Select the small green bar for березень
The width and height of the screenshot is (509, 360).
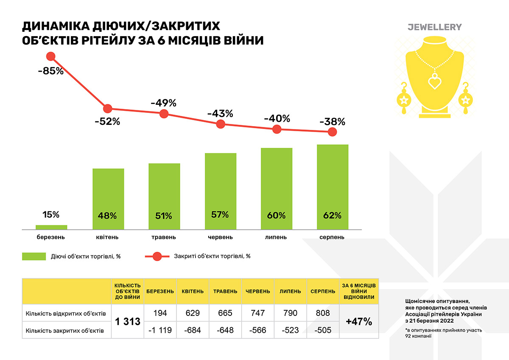click(x=51, y=227)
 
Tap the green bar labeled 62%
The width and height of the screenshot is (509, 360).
click(x=333, y=187)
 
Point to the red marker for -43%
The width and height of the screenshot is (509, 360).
click(x=221, y=124)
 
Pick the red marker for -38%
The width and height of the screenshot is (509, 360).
click(x=332, y=132)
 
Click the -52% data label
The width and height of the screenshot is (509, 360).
click(x=108, y=121)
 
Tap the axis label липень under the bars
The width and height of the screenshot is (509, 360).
click(x=276, y=237)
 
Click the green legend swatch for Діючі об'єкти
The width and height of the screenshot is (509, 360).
click(x=34, y=256)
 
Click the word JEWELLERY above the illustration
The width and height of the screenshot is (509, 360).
click(x=434, y=27)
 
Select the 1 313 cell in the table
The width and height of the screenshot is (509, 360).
click(x=128, y=322)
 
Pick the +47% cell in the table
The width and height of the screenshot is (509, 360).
click(x=358, y=322)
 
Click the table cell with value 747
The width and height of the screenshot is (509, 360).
click(x=258, y=313)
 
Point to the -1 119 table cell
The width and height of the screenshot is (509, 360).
click(x=160, y=330)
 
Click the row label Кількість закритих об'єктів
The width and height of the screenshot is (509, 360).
click(x=64, y=330)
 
